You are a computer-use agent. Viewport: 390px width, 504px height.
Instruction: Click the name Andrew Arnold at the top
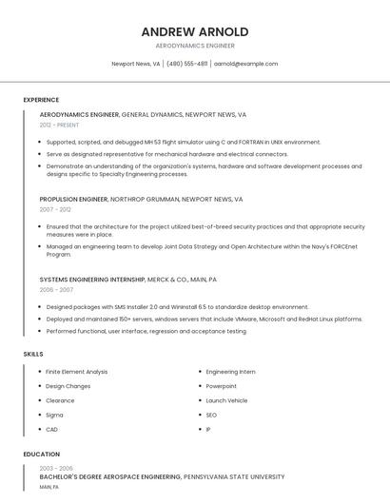pos(195,31)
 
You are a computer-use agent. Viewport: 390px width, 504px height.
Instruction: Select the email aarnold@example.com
pos(245,64)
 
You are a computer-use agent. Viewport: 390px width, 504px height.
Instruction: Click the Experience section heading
pos(41,100)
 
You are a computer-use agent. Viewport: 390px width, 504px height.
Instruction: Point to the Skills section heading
pos(33,354)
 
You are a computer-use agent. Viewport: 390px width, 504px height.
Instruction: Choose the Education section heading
pos(42,455)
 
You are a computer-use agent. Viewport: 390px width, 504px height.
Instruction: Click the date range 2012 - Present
pos(59,125)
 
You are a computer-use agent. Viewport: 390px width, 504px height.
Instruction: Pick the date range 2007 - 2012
pos(55,209)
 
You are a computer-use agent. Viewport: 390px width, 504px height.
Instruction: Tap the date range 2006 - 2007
pos(56,289)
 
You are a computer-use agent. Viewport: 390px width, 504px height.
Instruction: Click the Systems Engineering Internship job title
pos(92,280)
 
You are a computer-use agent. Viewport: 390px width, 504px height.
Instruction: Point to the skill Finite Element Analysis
pos(76,372)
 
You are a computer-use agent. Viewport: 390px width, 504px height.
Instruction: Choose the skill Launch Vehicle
pos(226,400)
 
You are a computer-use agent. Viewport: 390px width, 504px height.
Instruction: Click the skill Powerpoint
pos(221,386)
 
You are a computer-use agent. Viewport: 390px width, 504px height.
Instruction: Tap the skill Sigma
pos(54,415)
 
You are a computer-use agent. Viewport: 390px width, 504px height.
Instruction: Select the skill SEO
pos(211,415)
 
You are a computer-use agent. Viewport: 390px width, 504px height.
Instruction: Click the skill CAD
pos(52,429)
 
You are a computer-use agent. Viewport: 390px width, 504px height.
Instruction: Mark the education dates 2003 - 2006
pos(55,468)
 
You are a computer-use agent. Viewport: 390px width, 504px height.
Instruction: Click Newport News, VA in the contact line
pos(135,64)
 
